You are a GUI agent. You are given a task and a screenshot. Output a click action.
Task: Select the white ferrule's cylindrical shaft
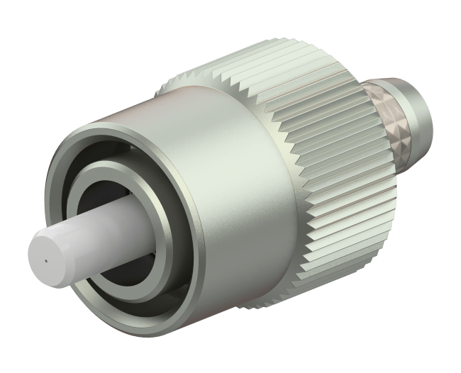[92, 237]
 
